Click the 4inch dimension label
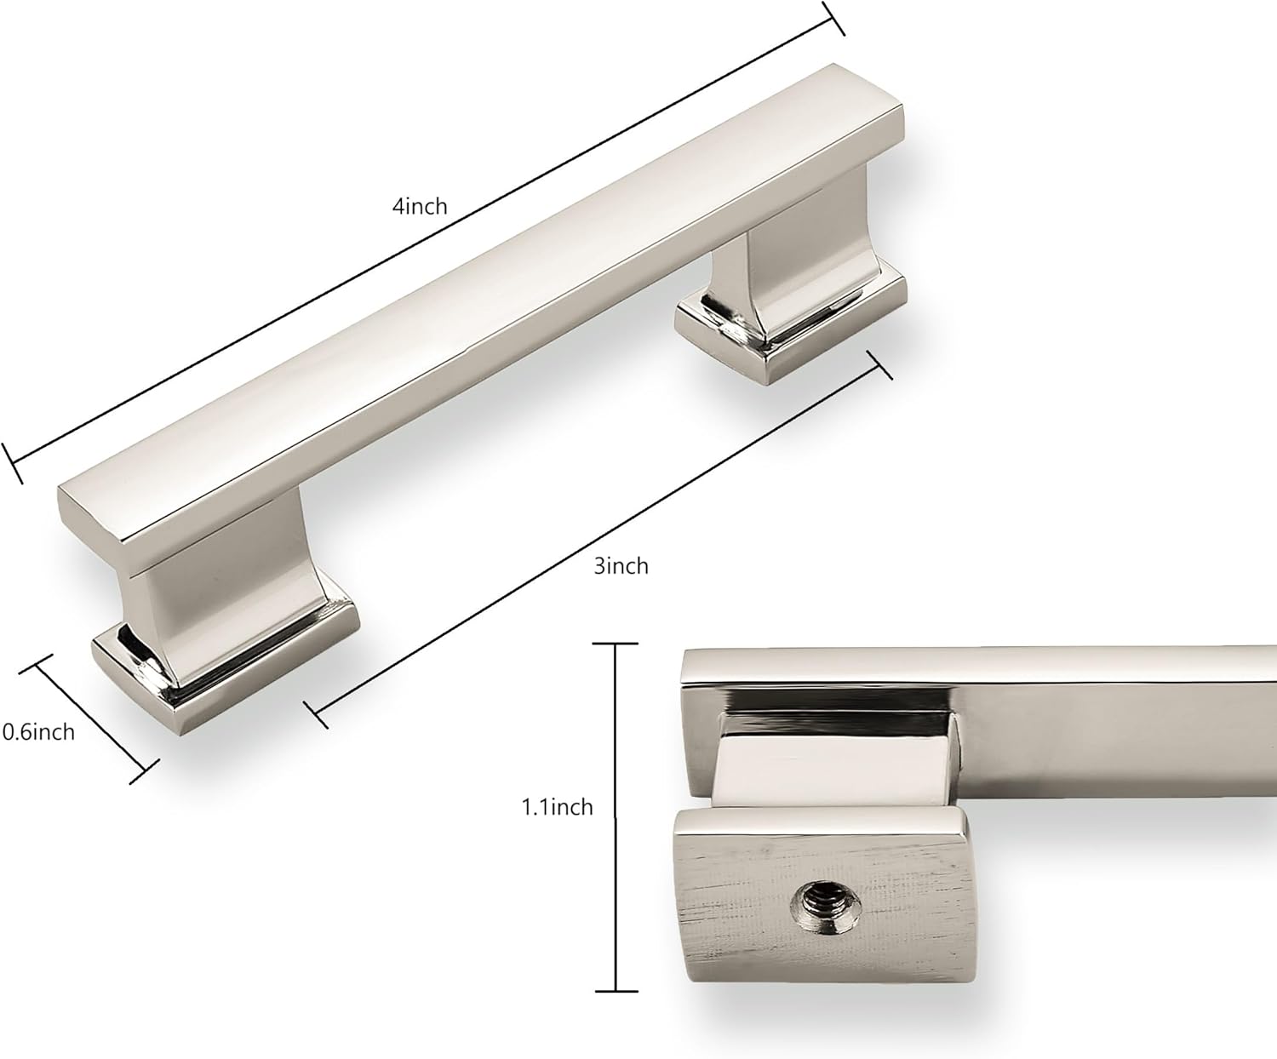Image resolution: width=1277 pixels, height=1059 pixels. (x=419, y=206)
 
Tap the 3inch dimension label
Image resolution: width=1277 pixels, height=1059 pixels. (x=621, y=566)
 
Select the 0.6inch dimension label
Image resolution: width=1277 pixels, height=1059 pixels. (x=38, y=732)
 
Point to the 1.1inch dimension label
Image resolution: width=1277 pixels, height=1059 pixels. (x=557, y=807)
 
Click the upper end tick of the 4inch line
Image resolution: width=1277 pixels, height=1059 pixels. (x=833, y=18)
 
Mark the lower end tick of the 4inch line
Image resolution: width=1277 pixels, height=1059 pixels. (x=13, y=463)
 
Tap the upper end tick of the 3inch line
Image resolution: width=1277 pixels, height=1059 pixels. (x=879, y=365)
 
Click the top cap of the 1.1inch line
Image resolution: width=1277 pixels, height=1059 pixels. (x=616, y=644)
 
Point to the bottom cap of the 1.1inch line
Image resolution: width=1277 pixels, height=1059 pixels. (x=616, y=991)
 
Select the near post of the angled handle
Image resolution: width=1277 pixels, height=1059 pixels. (x=204, y=596)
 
